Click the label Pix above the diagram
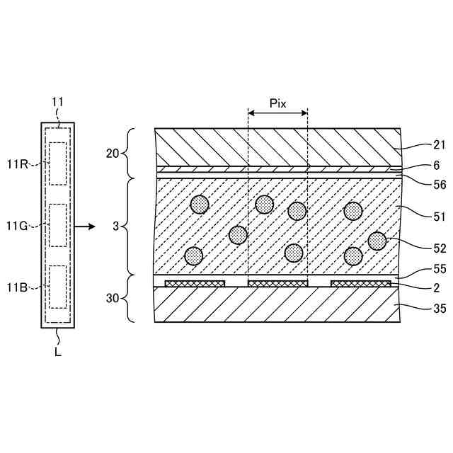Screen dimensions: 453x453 (278, 103)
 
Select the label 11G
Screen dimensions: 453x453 (17, 226)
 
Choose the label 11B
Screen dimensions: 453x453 (17, 287)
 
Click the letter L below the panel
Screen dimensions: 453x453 (58, 351)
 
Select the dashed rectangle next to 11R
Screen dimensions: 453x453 (57, 164)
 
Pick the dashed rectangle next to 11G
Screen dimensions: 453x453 (57, 226)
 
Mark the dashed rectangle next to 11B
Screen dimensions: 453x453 (57, 287)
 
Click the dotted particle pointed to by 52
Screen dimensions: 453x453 (377, 241)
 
